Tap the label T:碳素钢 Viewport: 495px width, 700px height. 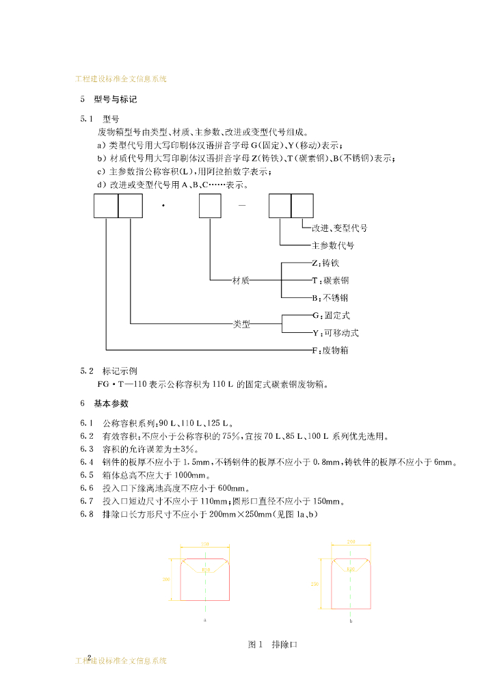tap(330, 280)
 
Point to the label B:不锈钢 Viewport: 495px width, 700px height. tap(330, 298)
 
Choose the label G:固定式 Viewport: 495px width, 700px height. tap(330, 316)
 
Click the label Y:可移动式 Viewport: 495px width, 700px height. tap(335, 333)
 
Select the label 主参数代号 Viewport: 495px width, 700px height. tap(333, 245)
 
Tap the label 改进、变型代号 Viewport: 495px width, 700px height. tap(340, 228)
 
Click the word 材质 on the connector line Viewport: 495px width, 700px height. tap(241, 280)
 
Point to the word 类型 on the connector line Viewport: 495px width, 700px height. tap(242, 324)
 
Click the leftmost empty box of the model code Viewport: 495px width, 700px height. tap(106, 206)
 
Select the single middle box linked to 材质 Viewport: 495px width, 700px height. tap(210, 206)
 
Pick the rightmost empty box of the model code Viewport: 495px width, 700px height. tap(302, 206)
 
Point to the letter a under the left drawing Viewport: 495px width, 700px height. tap(205, 619)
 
